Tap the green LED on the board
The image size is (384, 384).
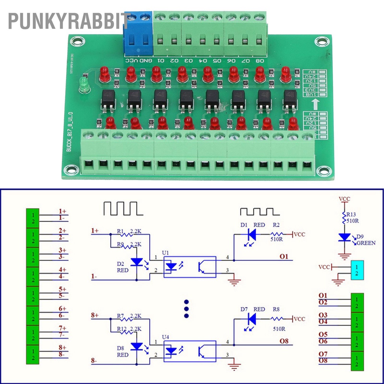click(x=84, y=85)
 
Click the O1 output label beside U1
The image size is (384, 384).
click(x=283, y=256)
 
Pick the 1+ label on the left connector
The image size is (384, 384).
click(x=62, y=211)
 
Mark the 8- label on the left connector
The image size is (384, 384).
click(x=62, y=354)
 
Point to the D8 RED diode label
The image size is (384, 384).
click(x=122, y=351)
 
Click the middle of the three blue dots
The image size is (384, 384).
click(x=186, y=309)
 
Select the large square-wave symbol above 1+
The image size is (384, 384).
click(x=123, y=208)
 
